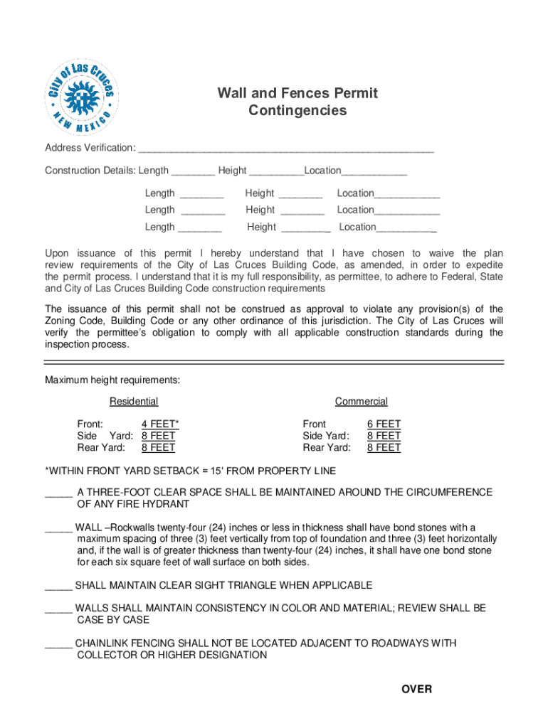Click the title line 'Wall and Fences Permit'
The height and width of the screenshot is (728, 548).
297,93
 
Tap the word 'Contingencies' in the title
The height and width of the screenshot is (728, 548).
297,111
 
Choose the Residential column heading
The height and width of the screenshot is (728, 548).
134,402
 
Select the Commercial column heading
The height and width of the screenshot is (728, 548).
362,402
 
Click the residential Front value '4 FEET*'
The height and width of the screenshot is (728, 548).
160,424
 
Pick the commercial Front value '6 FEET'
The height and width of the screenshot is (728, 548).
384,424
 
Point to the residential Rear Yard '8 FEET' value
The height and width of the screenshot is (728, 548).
158,448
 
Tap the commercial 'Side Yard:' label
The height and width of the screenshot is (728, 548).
326,436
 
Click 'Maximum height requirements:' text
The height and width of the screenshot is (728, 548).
112,380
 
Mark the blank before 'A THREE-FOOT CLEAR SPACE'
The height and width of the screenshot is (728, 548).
58,493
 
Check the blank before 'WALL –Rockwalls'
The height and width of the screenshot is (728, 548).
58,528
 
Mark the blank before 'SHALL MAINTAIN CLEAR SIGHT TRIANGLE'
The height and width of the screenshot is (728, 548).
58,586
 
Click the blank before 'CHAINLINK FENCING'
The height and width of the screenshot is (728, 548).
58,644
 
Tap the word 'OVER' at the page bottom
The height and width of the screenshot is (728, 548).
416,690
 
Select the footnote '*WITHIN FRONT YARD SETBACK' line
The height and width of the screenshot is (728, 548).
191,471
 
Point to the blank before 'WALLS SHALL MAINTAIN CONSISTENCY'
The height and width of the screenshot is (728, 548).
58,609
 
